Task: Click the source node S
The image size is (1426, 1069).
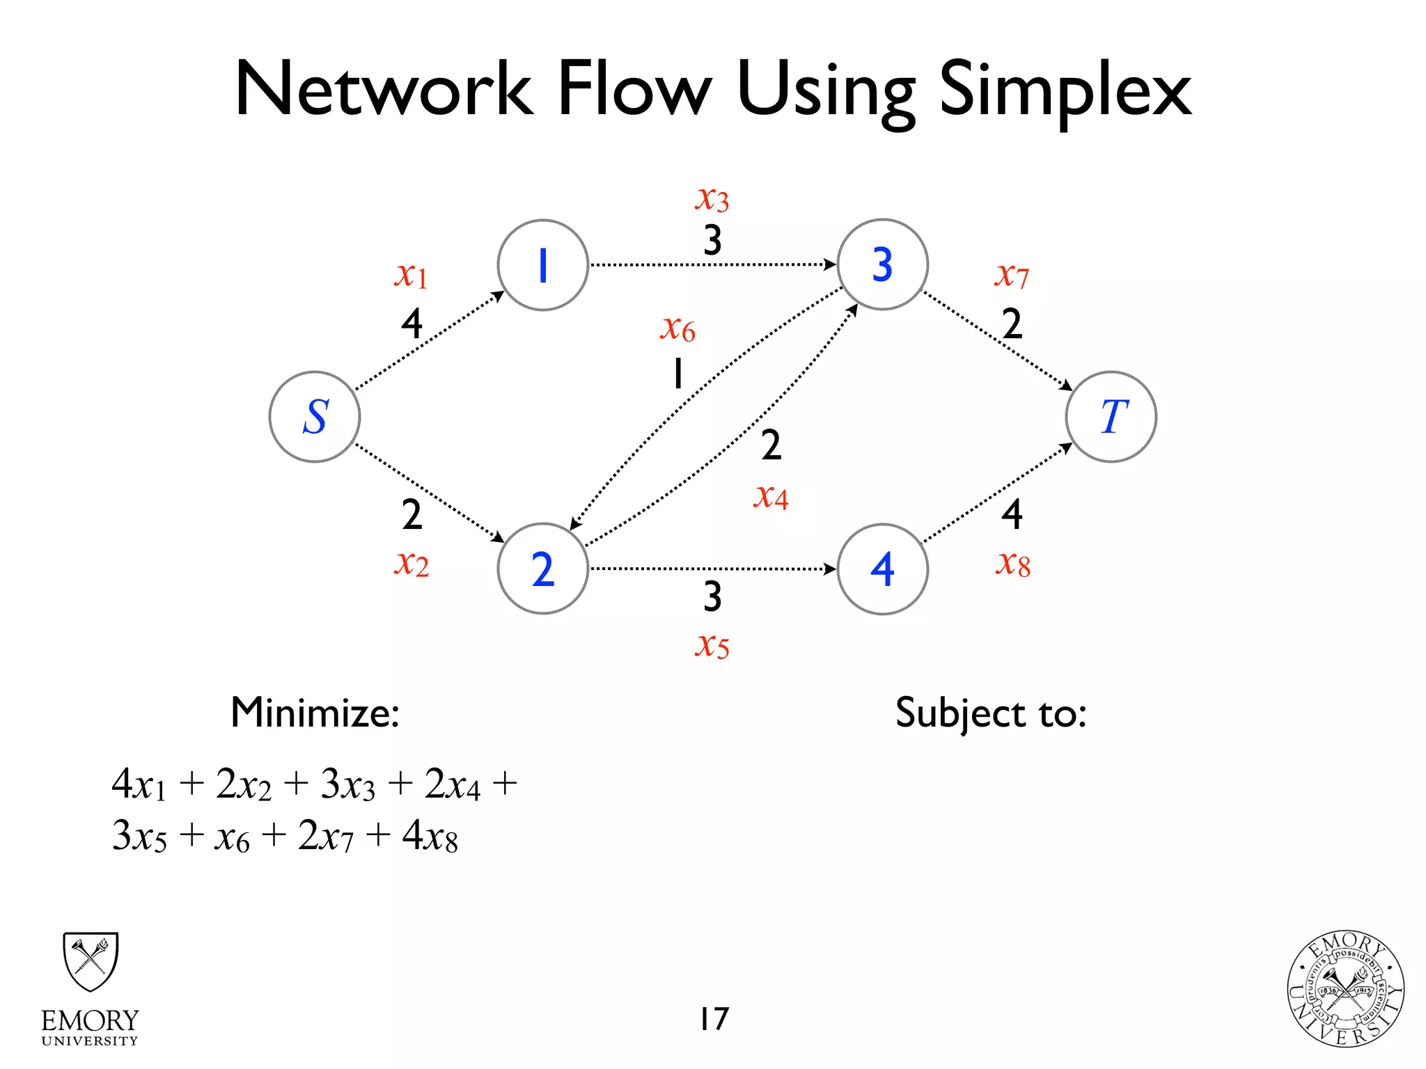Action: [315, 417]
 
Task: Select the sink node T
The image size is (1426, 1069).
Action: [1111, 417]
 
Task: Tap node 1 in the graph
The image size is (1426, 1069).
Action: [543, 265]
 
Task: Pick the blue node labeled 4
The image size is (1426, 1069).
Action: [882, 569]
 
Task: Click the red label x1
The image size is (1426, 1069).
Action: [411, 276]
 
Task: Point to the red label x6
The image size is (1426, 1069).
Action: [677, 328]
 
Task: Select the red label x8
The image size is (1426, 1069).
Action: [1012, 564]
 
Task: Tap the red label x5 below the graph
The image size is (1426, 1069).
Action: [712, 645]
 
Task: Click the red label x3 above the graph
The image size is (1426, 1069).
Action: [712, 199]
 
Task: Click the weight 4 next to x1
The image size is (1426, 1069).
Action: [412, 324]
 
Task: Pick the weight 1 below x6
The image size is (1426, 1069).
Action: [677, 374]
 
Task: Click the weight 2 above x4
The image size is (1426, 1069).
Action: [771, 445]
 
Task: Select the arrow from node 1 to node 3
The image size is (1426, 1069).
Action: [712, 265]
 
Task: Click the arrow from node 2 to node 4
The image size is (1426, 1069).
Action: [712, 569]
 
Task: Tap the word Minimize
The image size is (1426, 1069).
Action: [315, 713]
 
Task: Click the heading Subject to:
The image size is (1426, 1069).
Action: [991, 713]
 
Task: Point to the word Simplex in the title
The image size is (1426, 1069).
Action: [1065, 90]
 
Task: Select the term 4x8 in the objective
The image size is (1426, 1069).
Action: [430, 836]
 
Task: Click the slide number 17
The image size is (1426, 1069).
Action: [714, 1019]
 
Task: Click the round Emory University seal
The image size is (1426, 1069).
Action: [1345, 989]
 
